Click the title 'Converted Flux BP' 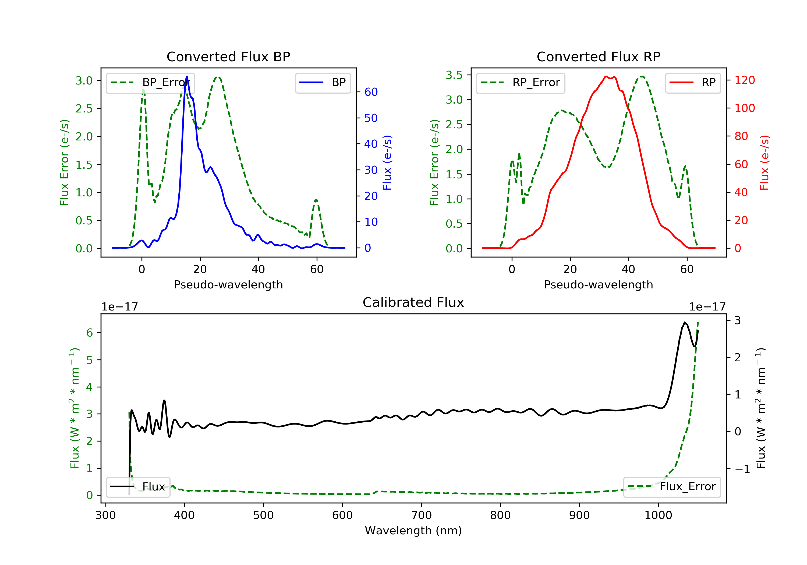pos(228,56)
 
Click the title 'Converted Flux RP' pos(598,56)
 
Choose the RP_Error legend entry pos(521,83)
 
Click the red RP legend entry pos(693,83)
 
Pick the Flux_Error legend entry pos(672,487)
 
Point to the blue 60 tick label pos(371,92)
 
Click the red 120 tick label pos(744,80)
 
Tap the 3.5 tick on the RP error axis pos(454,75)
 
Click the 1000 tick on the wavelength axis pos(658,515)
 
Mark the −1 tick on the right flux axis pos(742,469)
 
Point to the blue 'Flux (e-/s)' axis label pos(387,163)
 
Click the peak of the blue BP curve pos(187,77)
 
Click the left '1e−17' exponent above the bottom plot pos(119,307)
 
